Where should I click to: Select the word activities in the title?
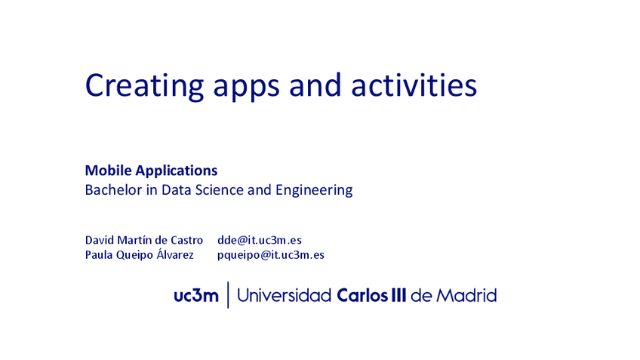pyautogui.click(x=414, y=85)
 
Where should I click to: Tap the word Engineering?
pyautogui.click(x=313, y=191)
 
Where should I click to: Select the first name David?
pyautogui.click(x=100, y=240)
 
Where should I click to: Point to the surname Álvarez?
pyautogui.click(x=174, y=254)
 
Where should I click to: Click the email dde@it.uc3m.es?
pyautogui.click(x=260, y=240)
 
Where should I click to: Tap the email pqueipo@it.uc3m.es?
pyautogui.click(x=271, y=255)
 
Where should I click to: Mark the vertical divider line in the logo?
pyautogui.click(x=228, y=295)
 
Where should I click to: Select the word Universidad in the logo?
pyautogui.click(x=284, y=295)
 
